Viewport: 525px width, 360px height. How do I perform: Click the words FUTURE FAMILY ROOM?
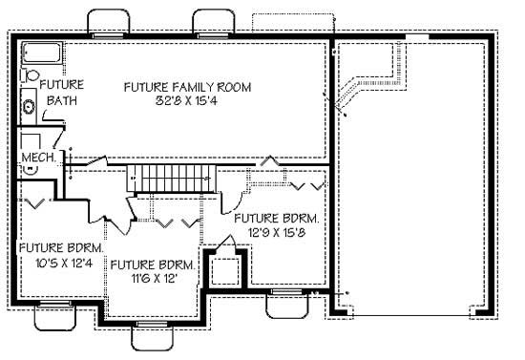point(187,87)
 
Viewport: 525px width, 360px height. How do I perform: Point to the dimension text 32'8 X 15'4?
point(187,101)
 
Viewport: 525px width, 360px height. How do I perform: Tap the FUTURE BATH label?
point(59,93)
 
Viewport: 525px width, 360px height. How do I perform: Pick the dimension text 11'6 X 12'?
point(153,277)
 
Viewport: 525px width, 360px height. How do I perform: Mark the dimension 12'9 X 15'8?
point(277,232)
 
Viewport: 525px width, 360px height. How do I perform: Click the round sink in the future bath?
point(29,107)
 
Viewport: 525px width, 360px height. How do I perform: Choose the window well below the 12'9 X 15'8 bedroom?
point(285,303)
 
